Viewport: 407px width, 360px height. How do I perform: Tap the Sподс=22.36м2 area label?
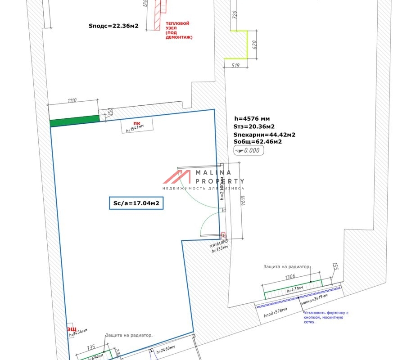[x=113, y=26]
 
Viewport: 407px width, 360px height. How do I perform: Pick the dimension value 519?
[x=235, y=66]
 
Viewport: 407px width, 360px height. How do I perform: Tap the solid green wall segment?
[x=74, y=121]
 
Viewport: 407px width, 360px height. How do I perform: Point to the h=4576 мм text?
[x=252, y=119]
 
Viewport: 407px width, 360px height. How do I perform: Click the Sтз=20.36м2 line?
[x=253, y=126]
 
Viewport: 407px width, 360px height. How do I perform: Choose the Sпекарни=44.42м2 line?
[x=264, y=134]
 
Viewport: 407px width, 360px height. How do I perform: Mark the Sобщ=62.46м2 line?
[x=257, y=141]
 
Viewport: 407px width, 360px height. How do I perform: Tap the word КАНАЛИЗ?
[x=219, y=245]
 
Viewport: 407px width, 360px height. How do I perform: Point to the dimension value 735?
[x=90, y=348]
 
